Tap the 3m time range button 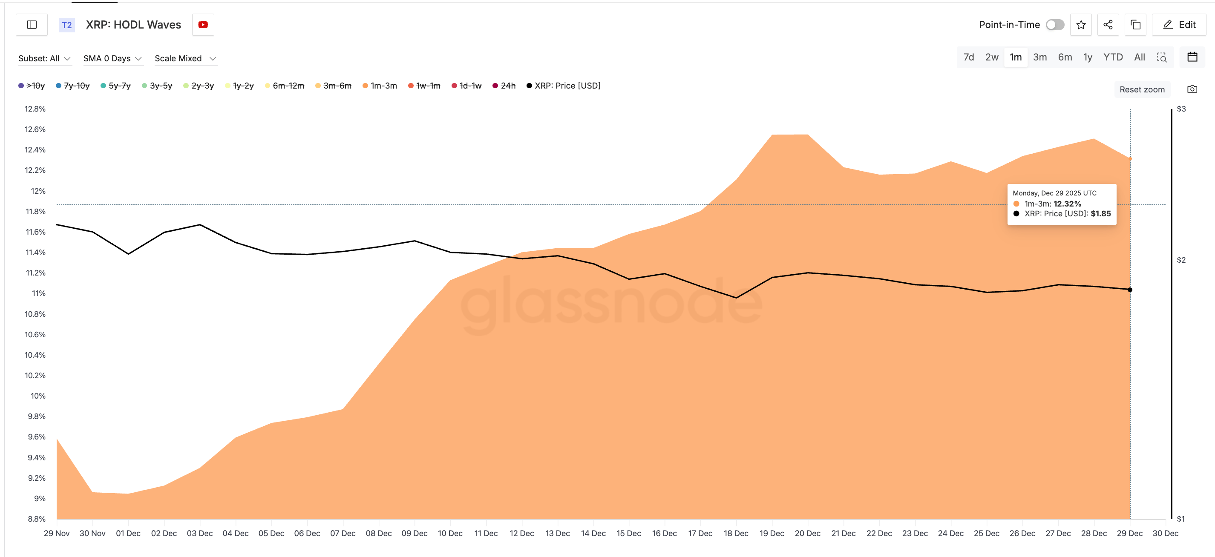click(1039, 57)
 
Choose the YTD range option click(1113, 57)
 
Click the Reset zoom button click(1141, 89)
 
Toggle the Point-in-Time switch click(1055, 25)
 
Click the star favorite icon click(1080, 25)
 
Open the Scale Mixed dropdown click(185, 58)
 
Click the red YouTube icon click(203, 25)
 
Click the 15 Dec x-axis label click(628, 533)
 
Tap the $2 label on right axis click(1180, 260)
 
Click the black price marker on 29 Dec click(1130, 290)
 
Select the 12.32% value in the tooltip click(1067, 204)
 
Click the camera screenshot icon click(1192, 89)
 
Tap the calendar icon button click(1192, 57)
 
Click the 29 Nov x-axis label click(57, 533)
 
